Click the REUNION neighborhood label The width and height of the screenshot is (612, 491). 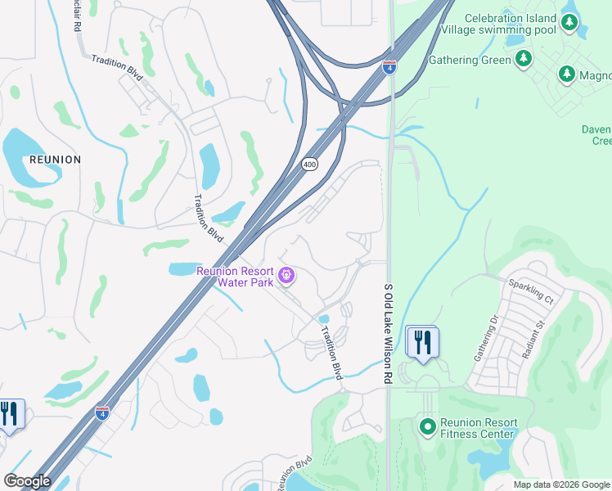pyautogui.click(x=56, y=160)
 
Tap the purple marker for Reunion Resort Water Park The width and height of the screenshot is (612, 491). pyautogui.click(x=286, y=276)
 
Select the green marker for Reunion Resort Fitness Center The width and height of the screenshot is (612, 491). pyautogui.click(x=426, y=426)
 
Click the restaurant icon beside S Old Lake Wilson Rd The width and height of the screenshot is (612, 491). pyautogui.click(x=422, y=342)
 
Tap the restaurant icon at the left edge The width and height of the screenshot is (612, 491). pyautogui.click(x=8, y=413)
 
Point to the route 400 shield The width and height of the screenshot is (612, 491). pyautogui.click(x=308, y=164)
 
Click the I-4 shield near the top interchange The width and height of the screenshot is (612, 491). pyautogui.click(x=389, y=67)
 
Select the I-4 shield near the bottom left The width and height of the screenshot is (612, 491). pyautogui.click(x=102, y=413)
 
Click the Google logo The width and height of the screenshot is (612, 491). pyautogui.click(x=27, y=481)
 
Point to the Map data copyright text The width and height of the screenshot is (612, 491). pyautogui.click(x=561, y=484)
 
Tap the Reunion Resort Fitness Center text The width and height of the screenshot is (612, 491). pyautogui.click(x=479, y=428)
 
